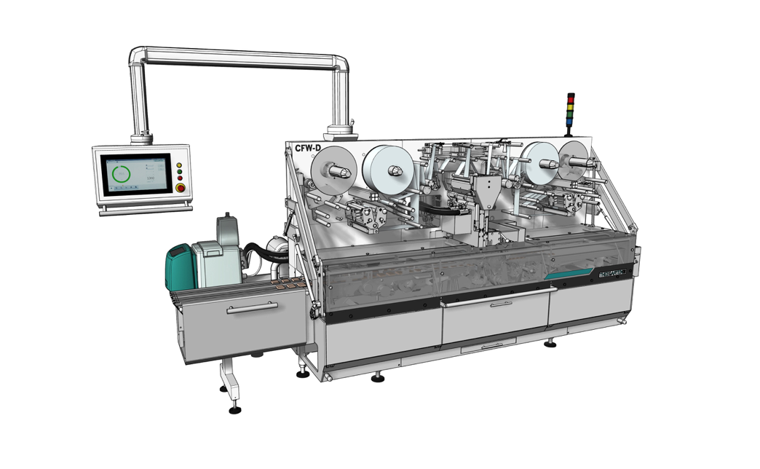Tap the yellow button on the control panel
click(179, 165)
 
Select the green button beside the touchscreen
click(179, 172)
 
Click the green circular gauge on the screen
click(118, 174)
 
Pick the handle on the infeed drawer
click(252, 308)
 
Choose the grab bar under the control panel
click(145, 210)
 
